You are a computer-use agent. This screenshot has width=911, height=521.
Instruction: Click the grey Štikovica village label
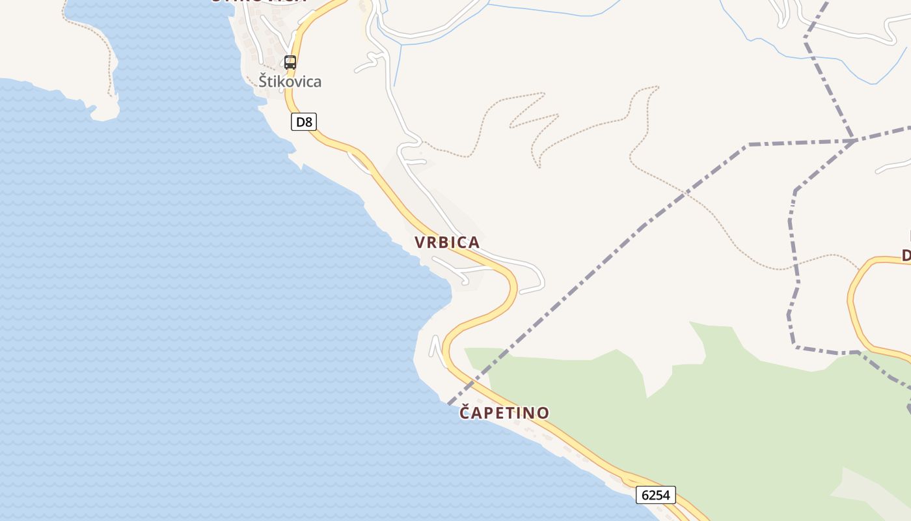tap(290, 81)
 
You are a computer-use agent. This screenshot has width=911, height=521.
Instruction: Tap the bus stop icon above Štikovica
tap(290, 63)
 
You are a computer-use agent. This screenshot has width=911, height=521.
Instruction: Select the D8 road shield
tap(303, 122)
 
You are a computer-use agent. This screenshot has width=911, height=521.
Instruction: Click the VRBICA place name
tap(447, 242)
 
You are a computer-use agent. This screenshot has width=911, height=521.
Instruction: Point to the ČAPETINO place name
tap(504, 412)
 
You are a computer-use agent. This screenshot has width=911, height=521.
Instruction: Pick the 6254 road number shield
tap(655, 495)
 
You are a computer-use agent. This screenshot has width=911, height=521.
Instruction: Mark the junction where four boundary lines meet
tap(853, 140)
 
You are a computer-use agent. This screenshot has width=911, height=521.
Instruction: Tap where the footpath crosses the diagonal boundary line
tap(685, 193)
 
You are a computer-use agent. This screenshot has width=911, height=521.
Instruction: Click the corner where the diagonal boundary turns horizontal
tap(748, 144)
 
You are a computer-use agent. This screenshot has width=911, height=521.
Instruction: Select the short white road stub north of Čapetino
tap(435, 346)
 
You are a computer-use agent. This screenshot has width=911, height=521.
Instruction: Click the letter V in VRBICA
tap(420, 242)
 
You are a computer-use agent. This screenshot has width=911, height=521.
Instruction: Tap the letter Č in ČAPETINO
tap(465, 412)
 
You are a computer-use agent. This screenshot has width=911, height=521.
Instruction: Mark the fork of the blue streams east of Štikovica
tap(398, 44)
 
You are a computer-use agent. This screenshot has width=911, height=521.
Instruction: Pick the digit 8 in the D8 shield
tap(308, 122)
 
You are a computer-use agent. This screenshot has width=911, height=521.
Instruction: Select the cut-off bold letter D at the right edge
tap(906, 255)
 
